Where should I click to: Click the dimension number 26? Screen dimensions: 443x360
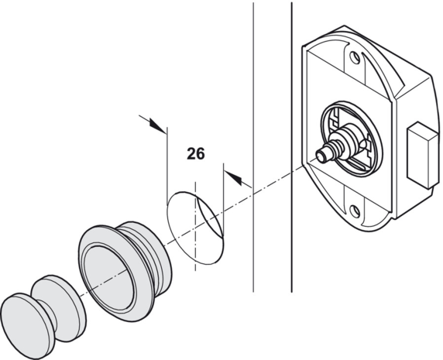(x=195, y=154)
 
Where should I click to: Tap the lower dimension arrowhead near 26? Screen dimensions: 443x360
(x=233, y=177)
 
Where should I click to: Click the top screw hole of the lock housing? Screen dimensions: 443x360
(x=354, y=57)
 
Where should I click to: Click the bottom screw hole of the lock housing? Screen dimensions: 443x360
(x=354, y=211)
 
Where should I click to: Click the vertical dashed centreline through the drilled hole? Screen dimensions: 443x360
(x=195, y=226)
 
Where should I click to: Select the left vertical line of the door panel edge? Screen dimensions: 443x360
(x=253, y=147)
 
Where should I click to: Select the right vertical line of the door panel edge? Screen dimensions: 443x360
(x=291, y=147)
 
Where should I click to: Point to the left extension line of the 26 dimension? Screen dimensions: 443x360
(x=167, y=165)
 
